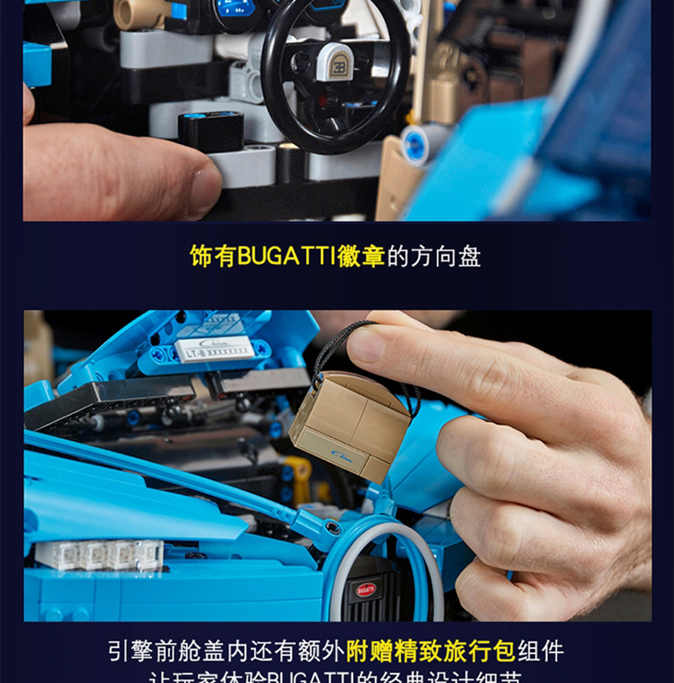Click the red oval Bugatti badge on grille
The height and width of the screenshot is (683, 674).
tap(366, 589)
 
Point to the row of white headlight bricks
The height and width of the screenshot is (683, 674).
tap(98, 554)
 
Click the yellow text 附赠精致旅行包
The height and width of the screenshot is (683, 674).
tap(430, 651)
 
